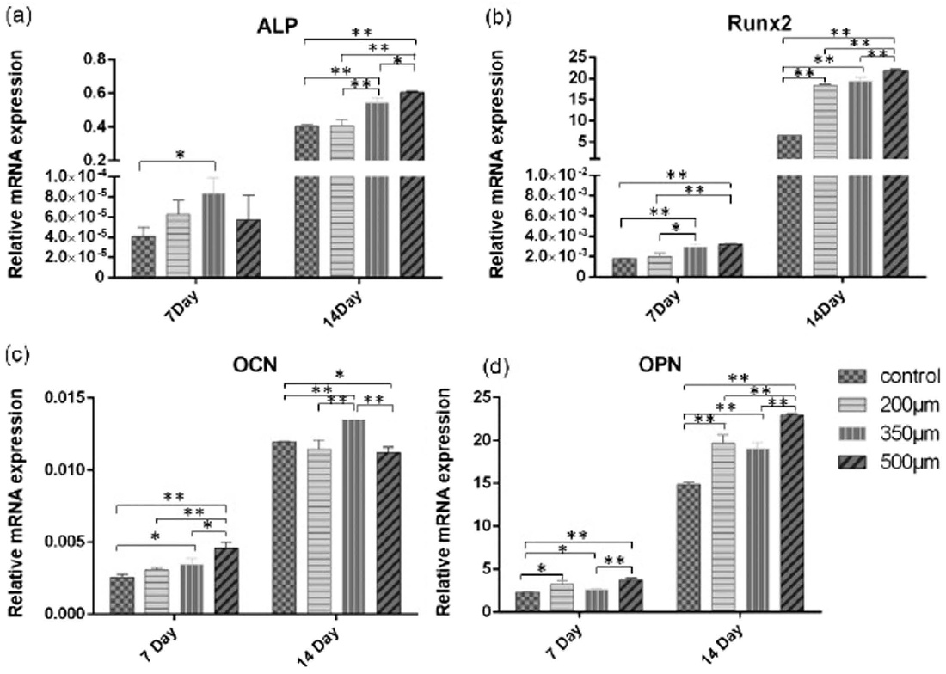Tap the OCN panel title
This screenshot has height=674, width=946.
coord(255,366)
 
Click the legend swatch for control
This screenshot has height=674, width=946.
coord(852,377)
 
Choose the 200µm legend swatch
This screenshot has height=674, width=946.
coord(852,406)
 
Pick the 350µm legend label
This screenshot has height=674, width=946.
coord(910,434)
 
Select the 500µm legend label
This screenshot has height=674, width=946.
coord(910,463)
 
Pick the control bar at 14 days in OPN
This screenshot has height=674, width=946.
coord(688,548)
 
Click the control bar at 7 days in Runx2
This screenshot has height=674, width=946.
coord(624,267)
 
